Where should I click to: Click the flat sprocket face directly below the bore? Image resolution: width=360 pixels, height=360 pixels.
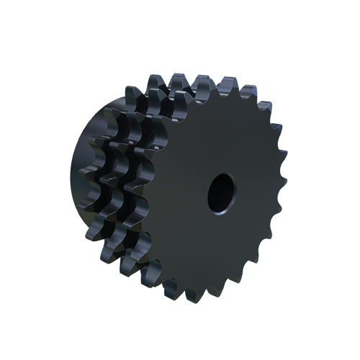(x=220, y=245)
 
